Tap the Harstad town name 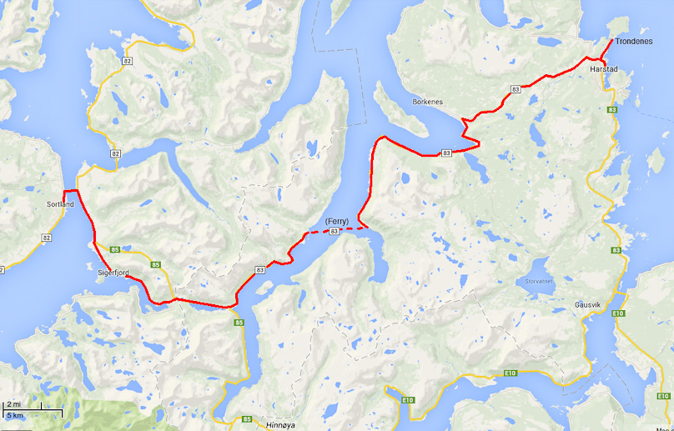pyautogui.click(x=603, y=70)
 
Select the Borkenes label pyautogui.click(x=428, y=102)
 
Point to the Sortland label pyautogui.click(x=60, y=204)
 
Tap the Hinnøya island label pyautogui.click(x=280, y=424)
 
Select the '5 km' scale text pyautogui.click(x=15, y=414)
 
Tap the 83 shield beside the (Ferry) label pyautogui.click(x=334, y=231)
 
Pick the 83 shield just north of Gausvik pyautogui.click(x=616, y=250)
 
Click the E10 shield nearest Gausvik pyautogui.click(x=617, y=313)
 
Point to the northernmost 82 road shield pyautogui.click(x=126, y=62)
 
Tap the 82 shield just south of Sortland pyautogui.click(x=47, y=238)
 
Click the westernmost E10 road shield pyautogui.click(x=408, y=401)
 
